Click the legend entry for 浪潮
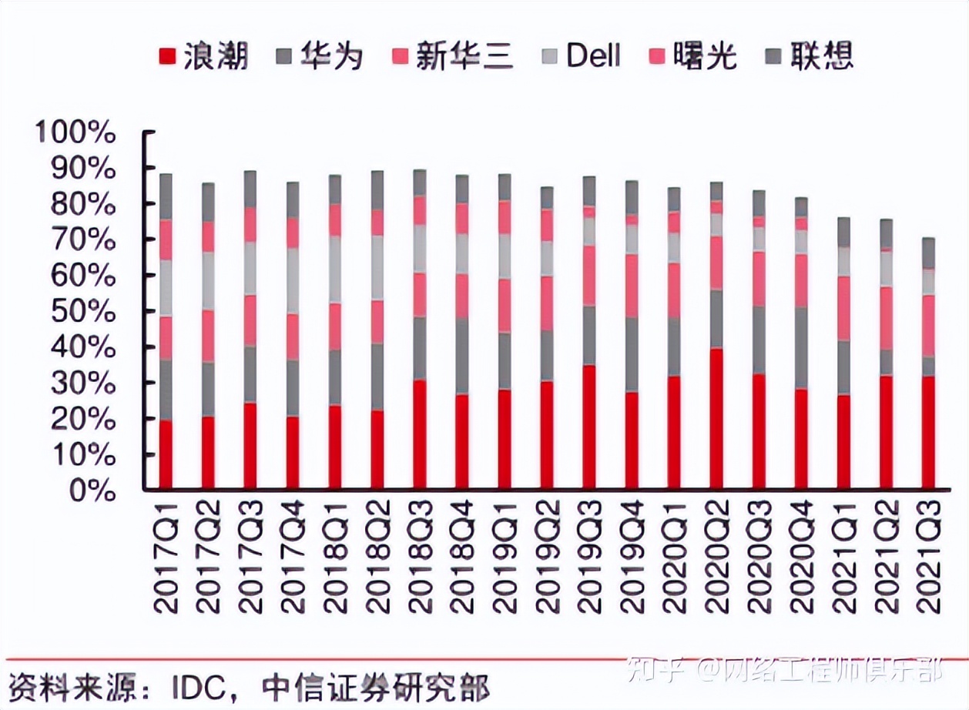click(x=203, y=56)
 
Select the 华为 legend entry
click(x=320, y=56)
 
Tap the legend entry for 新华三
click(x=450, y=56)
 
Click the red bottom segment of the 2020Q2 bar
click(x=716, y=420)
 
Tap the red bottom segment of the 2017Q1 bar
click(x=166, y=454)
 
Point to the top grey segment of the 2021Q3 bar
click(x=928, y=253)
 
